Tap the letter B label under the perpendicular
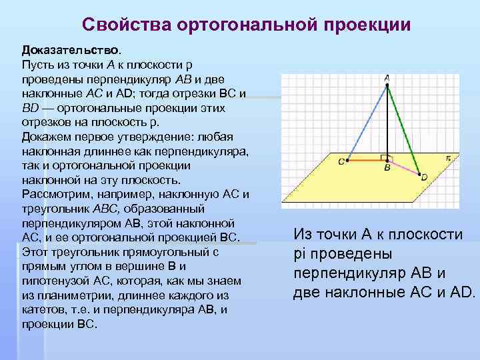[387, 169]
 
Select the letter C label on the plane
[341, 161]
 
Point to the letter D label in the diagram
[424, 177]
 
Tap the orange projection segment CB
[365, 160]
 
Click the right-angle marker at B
[384, 157]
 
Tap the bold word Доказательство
[71, 50]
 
